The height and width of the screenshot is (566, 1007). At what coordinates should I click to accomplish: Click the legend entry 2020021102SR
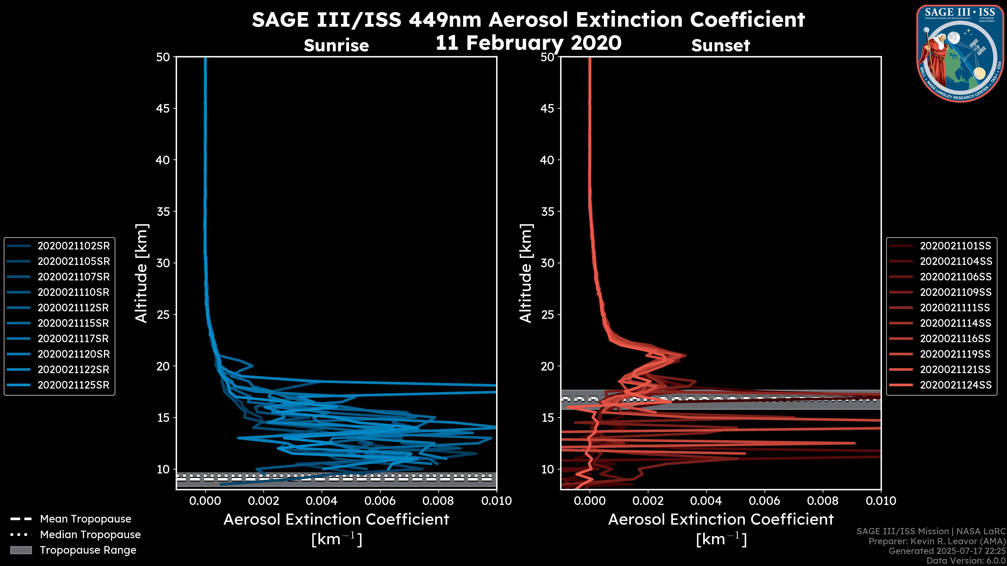click(x=73, y=246)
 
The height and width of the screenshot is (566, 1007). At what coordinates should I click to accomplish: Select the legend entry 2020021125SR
click(x=73, y=385)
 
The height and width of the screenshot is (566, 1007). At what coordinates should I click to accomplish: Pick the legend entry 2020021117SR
click(x=73, y=339)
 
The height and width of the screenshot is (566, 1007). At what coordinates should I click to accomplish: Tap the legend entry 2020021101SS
click(x=955, y=246)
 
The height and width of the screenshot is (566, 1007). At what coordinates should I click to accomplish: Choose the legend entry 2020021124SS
click(x=955, y=385)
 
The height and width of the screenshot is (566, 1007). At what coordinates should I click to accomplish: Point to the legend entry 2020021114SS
click(x=955, y=323)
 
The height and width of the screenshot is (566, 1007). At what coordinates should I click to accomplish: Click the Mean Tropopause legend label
click(x=85, y=519)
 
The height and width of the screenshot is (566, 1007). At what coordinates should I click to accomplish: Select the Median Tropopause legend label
click(x=90, y=535)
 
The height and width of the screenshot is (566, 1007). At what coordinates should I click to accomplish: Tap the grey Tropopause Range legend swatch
click(x=21, y=550)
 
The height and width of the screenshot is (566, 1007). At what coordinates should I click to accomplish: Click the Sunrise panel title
click(x=336, y=46)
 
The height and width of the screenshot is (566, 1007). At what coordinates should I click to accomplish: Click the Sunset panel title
click(x=720, y=46)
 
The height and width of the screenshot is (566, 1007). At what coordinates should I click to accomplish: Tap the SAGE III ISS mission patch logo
click(x=960, y=53)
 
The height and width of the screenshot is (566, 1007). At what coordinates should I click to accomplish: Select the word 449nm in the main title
click(x=445, y=20)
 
